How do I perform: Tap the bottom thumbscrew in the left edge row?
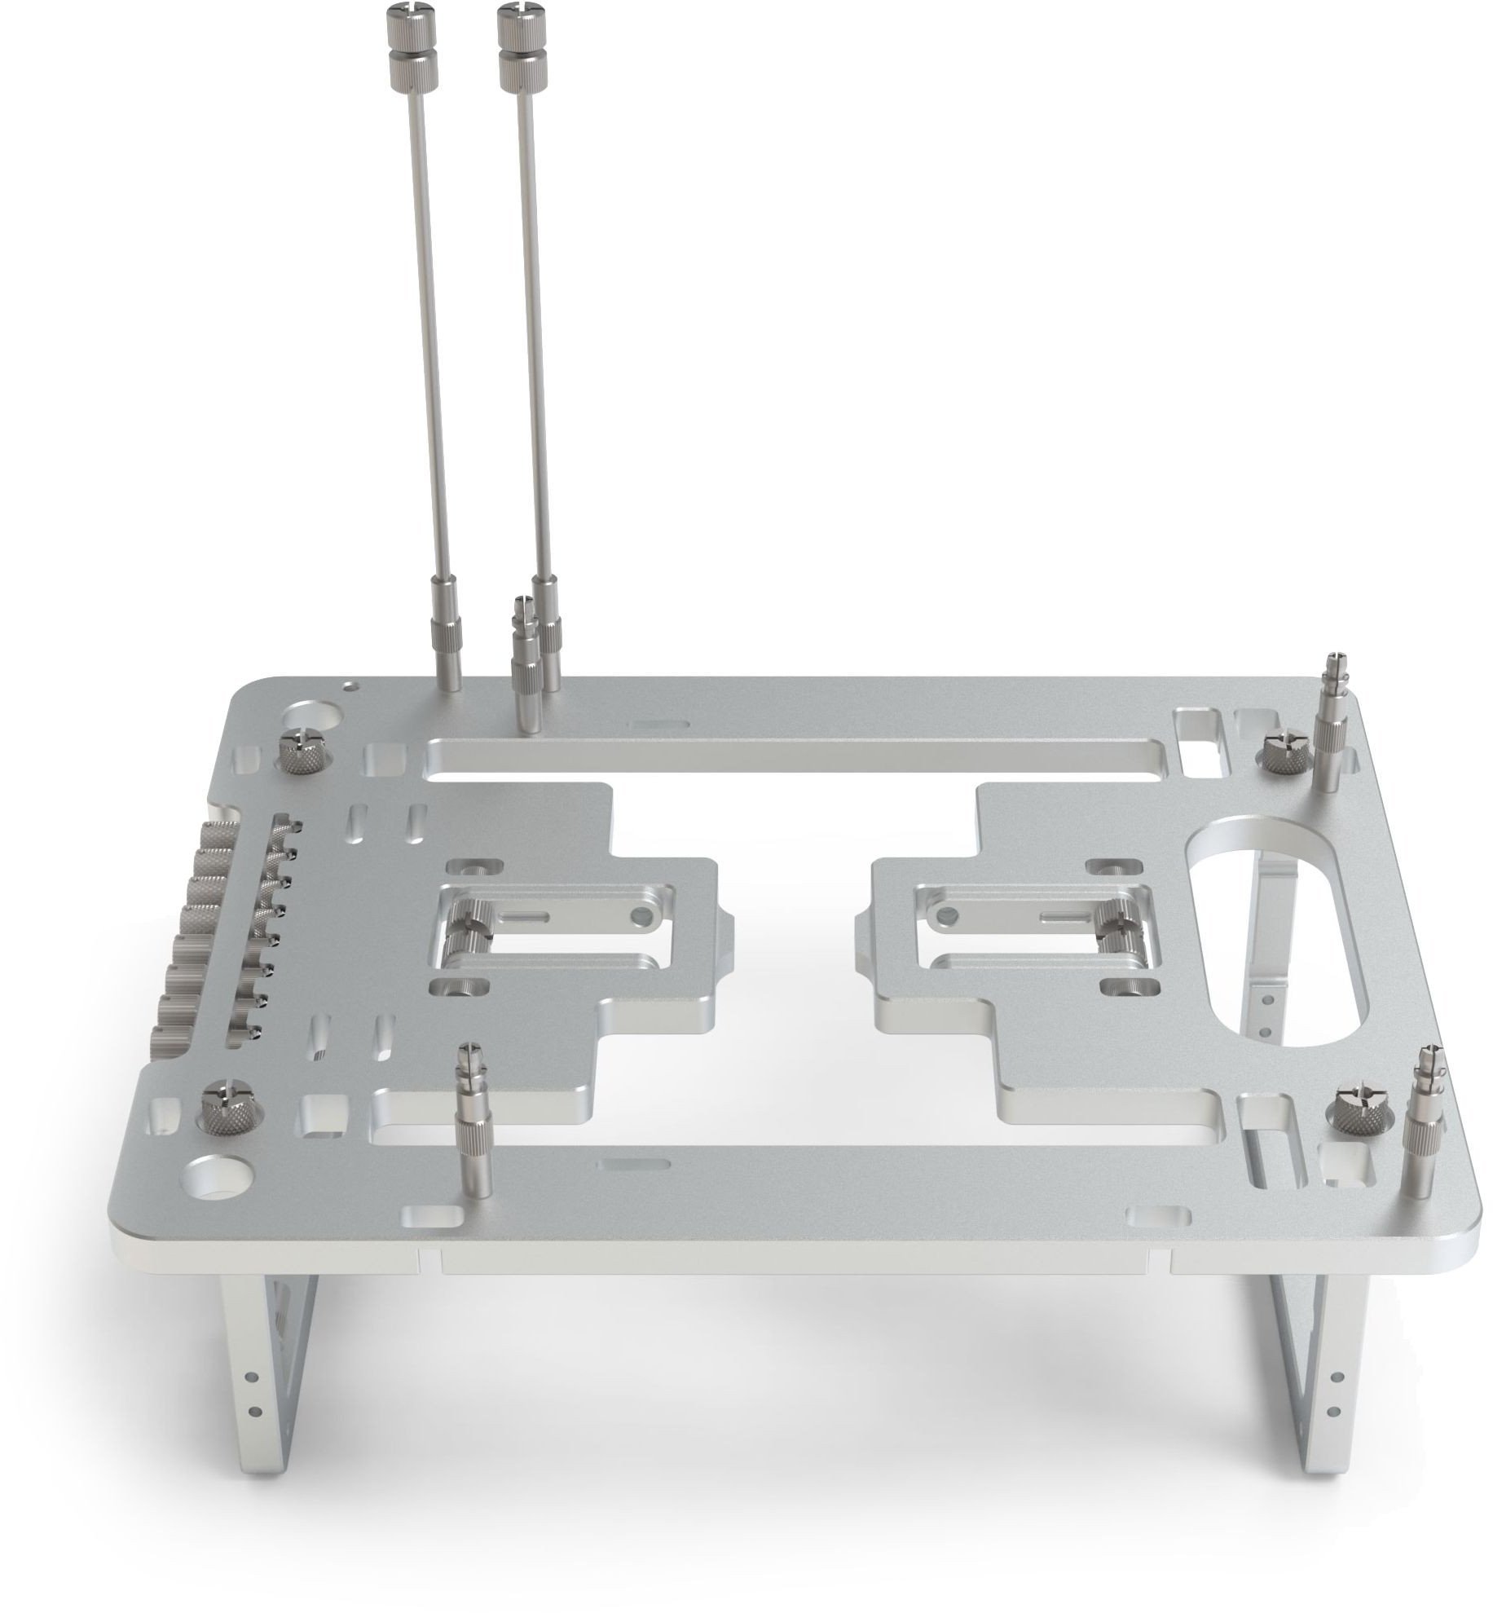click(x=168, y=1042)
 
